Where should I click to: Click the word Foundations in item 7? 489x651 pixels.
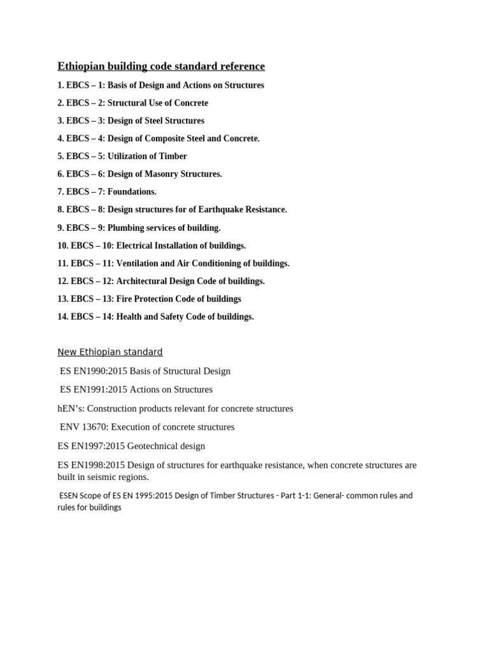click(132, 192)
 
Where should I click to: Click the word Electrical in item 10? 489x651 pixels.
click(137, 245)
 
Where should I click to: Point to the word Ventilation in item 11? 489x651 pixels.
click(140, 263)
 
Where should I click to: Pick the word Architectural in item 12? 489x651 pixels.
click(143, 281)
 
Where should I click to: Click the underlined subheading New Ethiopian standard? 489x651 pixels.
click(110, 352)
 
